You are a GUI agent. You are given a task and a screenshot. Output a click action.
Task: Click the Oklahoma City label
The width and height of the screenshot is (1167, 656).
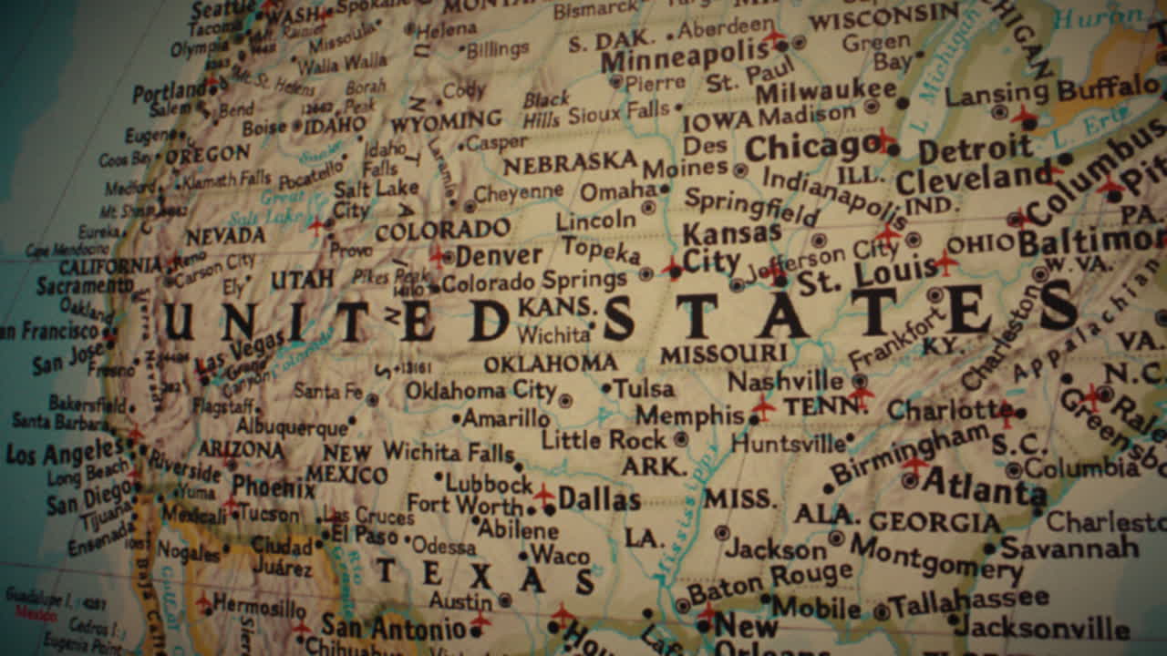[x=480, y=390]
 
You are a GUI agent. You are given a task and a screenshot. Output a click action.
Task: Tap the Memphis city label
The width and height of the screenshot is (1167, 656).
[x=690, y=415]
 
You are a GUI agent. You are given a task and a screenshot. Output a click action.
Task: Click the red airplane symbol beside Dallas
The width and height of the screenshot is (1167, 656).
[x=543, y=495]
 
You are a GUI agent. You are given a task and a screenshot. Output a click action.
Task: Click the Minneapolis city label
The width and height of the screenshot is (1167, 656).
[x=685, y=57]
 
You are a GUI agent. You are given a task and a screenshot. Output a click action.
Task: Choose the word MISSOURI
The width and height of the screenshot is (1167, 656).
[x=724, y=354]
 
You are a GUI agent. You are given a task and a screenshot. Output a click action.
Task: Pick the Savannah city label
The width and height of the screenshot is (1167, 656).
[x=1069, y=547]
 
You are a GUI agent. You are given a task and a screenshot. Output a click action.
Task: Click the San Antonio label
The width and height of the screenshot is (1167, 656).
[x=393, y=627]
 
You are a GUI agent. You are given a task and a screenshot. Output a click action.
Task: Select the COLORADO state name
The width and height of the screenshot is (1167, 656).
[x=443, y=230]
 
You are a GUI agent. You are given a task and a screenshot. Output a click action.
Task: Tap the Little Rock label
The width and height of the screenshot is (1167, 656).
[x=604, y=439]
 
